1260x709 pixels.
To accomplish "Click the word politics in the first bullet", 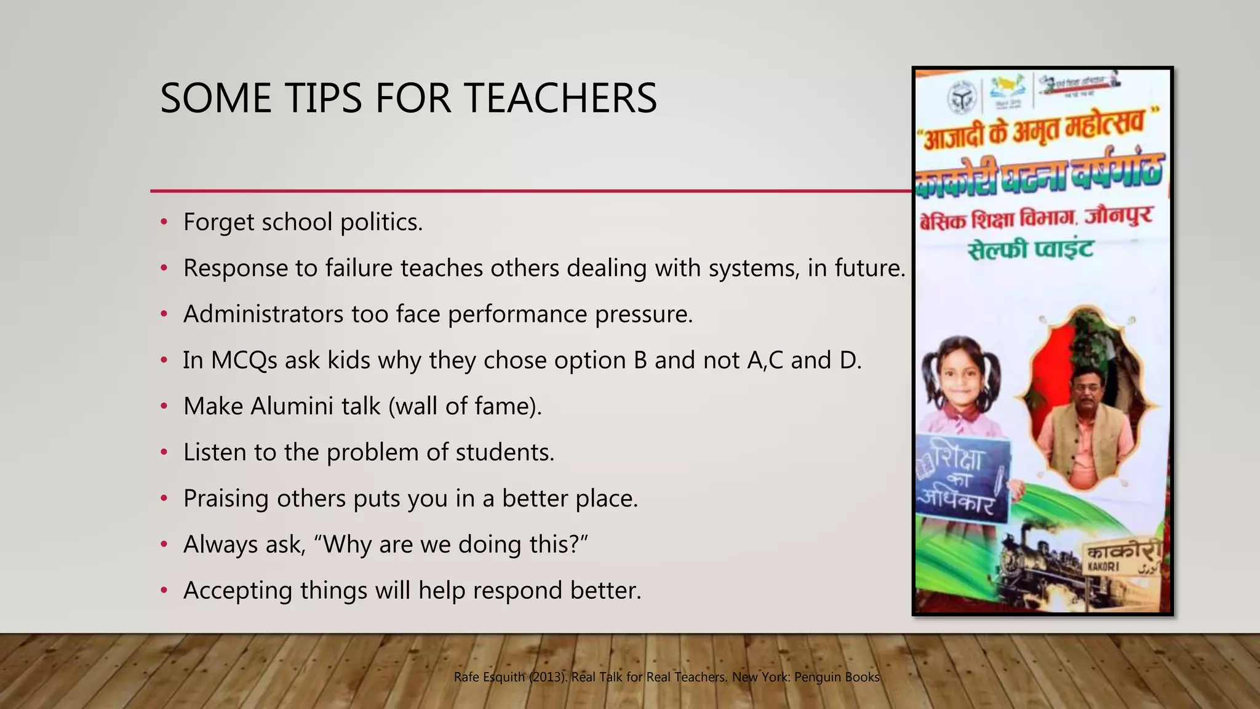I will (x=381, y=222).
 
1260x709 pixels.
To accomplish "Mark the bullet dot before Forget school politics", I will (x=164, y=222).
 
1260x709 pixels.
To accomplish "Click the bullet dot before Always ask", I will (x=164, y=545).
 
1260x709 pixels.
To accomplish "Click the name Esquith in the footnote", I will (x=503, y=677).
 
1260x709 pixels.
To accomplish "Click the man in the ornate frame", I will (x=1087, y=419).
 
